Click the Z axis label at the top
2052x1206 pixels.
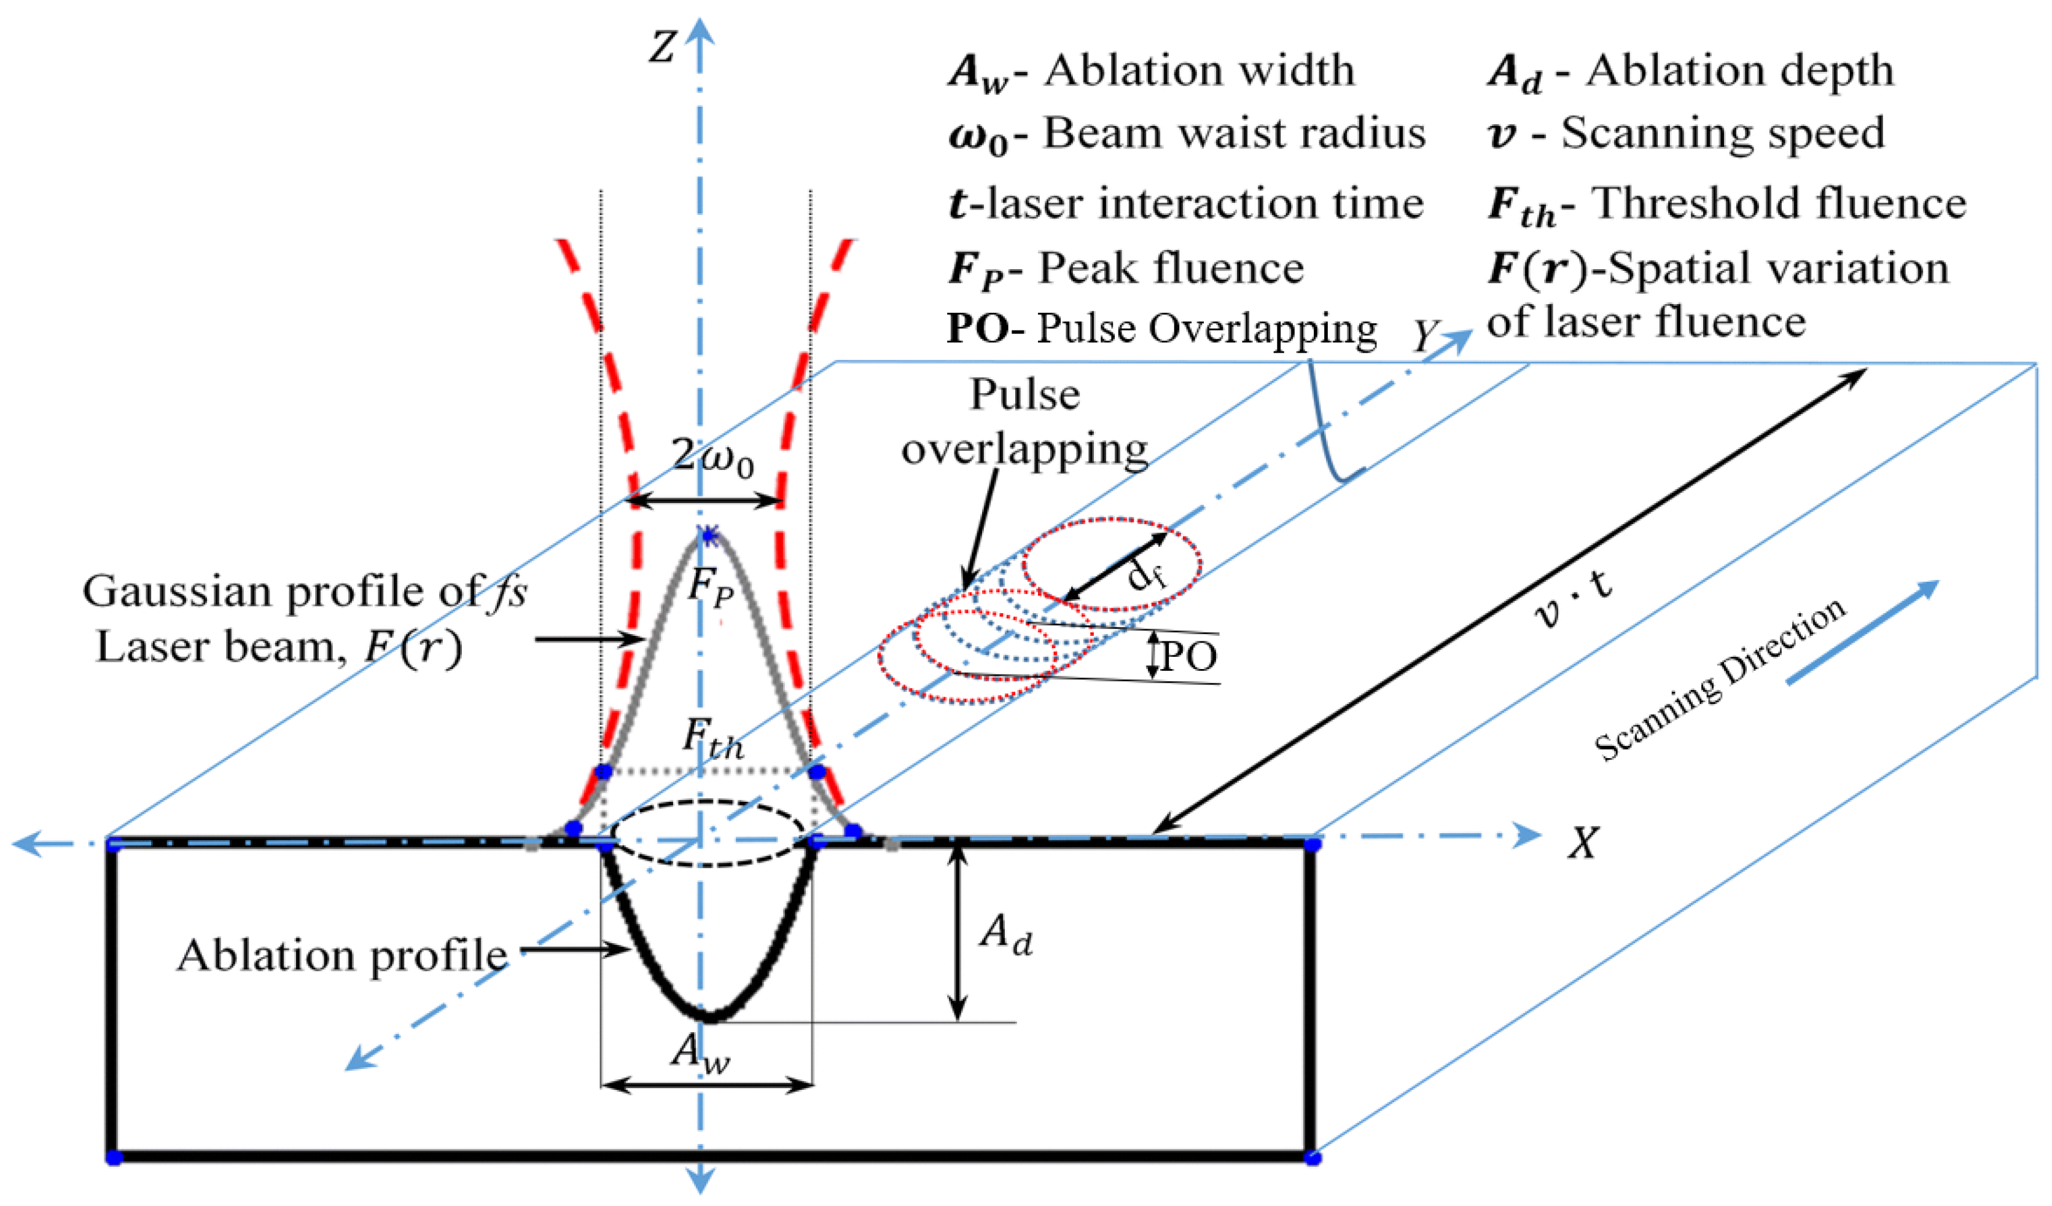(x=662, y=47)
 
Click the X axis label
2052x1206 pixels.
(x=1583, y=843)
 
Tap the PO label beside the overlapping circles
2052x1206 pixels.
(x=1189, y=656)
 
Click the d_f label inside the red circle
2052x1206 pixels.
(x=1147, y=576)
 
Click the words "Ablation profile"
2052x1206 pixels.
(x=342, y=955)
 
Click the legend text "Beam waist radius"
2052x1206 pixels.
(x=1235, y=133)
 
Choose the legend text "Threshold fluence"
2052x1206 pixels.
(x=1779, y=203)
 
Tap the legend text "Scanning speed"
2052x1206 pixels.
(x=1722, y=133)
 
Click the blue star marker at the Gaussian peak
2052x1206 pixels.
(x=709, y=535)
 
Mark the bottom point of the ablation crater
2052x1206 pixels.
(x=710, y=1016)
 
